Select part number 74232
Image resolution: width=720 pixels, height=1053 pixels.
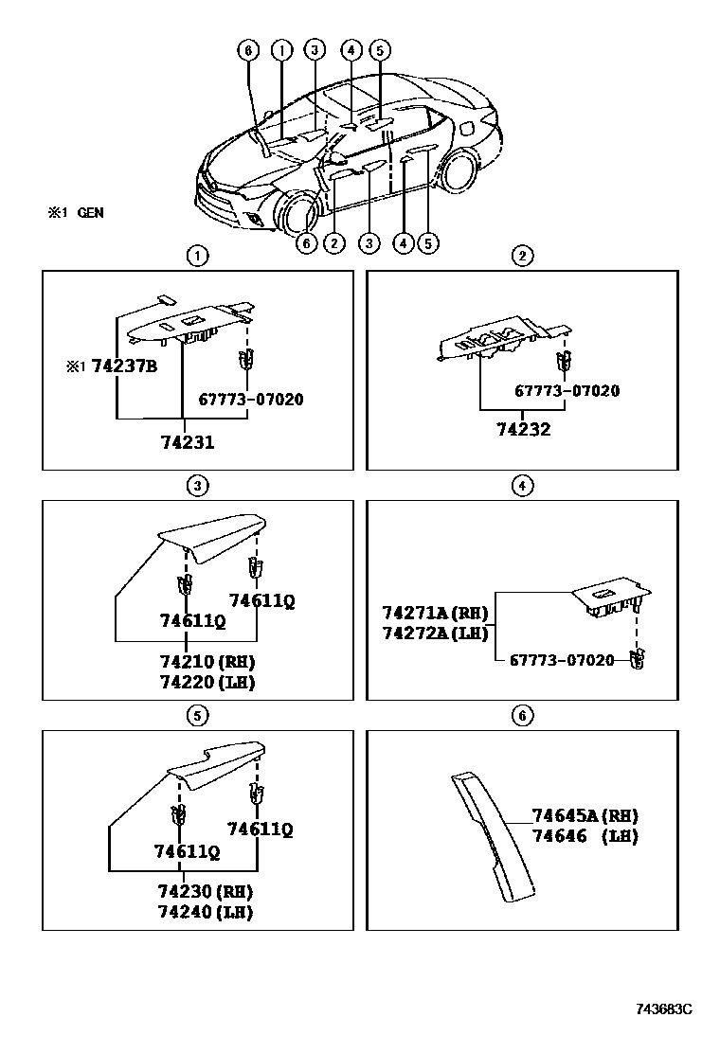tap(524, 429)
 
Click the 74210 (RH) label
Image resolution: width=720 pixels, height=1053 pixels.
tap(207, 661)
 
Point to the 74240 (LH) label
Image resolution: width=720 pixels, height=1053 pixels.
tap(207, 912)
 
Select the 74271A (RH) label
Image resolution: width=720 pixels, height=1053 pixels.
tap(434, 612)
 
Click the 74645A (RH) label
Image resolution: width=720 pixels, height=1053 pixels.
tap(585, 815)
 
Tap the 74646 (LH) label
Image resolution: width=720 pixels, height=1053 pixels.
tap(585, 836)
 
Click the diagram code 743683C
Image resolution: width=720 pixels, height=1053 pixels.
tap(663, 1009)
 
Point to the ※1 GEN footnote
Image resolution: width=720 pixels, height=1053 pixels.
tap(76, 213)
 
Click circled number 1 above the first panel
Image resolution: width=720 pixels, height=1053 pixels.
tap(196, 255)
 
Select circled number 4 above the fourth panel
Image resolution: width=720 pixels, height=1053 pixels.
tap(522, 486)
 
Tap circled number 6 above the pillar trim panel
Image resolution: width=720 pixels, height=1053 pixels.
tap(522, 716)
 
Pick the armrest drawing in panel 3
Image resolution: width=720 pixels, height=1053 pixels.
tap(213, 535)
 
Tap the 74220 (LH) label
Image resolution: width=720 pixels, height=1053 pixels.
tap(207, 681)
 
